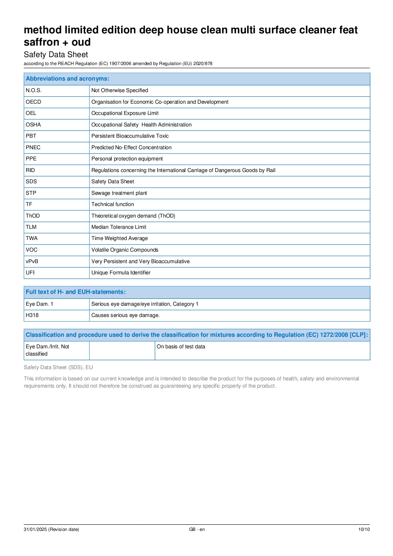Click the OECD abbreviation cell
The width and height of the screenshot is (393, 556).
coord(33,102)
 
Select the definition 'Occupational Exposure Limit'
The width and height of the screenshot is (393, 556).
coord(125,113)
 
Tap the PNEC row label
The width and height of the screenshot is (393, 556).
coord(33,148)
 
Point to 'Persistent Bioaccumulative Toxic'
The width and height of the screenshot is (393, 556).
coord(130,136)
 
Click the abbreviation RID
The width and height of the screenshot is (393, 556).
coord(30,170)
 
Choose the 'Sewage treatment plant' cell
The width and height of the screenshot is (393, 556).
coord(119,193)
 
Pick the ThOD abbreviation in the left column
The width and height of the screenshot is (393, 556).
coord(33,216)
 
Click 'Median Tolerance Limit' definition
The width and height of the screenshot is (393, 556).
coord(119,227)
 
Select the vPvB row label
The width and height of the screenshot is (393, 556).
coord(32,261)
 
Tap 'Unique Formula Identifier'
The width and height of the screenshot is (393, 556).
coord(121,273)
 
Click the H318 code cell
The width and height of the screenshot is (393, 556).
coord(32,315)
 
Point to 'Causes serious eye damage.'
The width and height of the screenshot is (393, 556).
coord(125,315)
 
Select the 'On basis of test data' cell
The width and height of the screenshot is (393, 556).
coord(181,347)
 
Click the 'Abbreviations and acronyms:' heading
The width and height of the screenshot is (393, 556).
coord(67,79)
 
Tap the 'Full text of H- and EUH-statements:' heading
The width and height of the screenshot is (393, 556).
coord(76,292)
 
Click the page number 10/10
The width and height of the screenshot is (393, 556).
coord(364,529)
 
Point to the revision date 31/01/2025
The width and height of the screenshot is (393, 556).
coord(51,529)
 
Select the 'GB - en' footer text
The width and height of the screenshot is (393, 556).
coord(197,529)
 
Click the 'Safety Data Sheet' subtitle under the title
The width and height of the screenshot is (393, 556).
coord(56,54)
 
